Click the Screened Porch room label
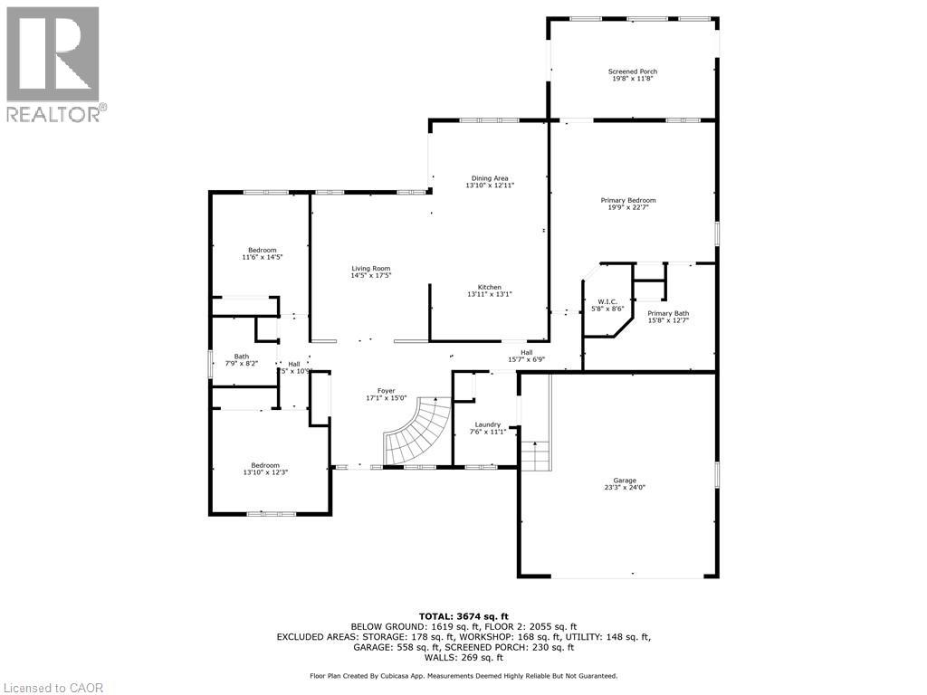632,71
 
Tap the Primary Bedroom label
628,200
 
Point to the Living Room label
371,269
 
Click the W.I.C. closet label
606,301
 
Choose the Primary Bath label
668,313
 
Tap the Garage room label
624,481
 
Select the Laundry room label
488,424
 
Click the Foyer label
387,391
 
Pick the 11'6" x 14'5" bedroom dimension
263,257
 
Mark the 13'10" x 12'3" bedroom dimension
265,472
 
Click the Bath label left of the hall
242,357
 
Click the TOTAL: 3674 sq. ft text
463,615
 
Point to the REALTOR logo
53,63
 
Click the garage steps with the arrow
536,452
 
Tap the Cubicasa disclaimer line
463,675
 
